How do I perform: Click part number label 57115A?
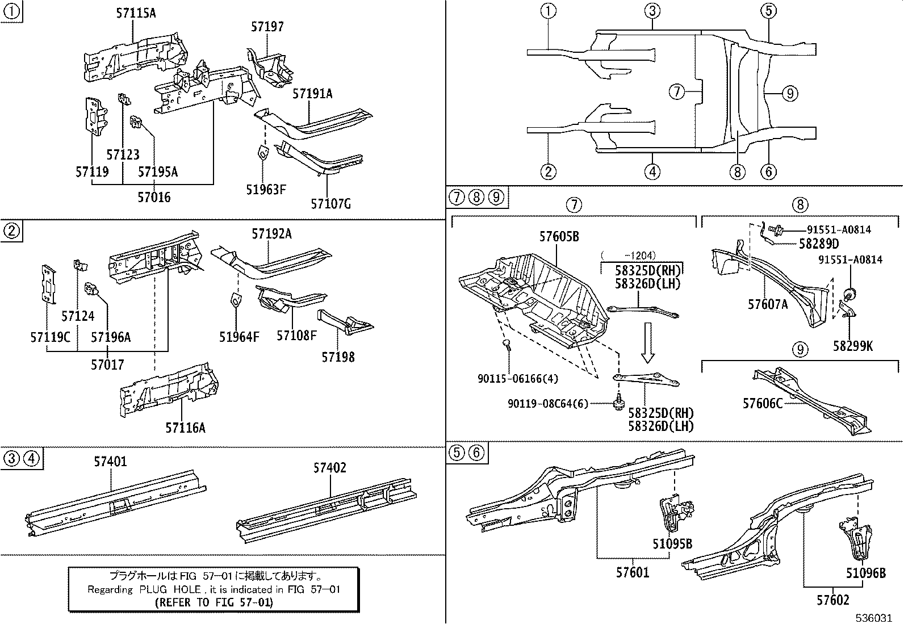click(136, 12)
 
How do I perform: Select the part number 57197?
click(267, 27)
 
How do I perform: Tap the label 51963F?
click(266, 189)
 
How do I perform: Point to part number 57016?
click(154, 197)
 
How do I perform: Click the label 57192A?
click(271, 233)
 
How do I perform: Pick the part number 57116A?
click(185, 428)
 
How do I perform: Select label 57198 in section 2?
click(338, 357)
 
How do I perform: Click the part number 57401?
click(111, 462)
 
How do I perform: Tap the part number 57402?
click(329, 468)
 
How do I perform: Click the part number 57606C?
click(763, 403)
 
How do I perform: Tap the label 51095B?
click(672, 544)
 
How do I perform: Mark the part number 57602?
click(833, 600)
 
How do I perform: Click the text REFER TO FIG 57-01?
click(214, 602)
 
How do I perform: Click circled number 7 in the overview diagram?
click(676, 91)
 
